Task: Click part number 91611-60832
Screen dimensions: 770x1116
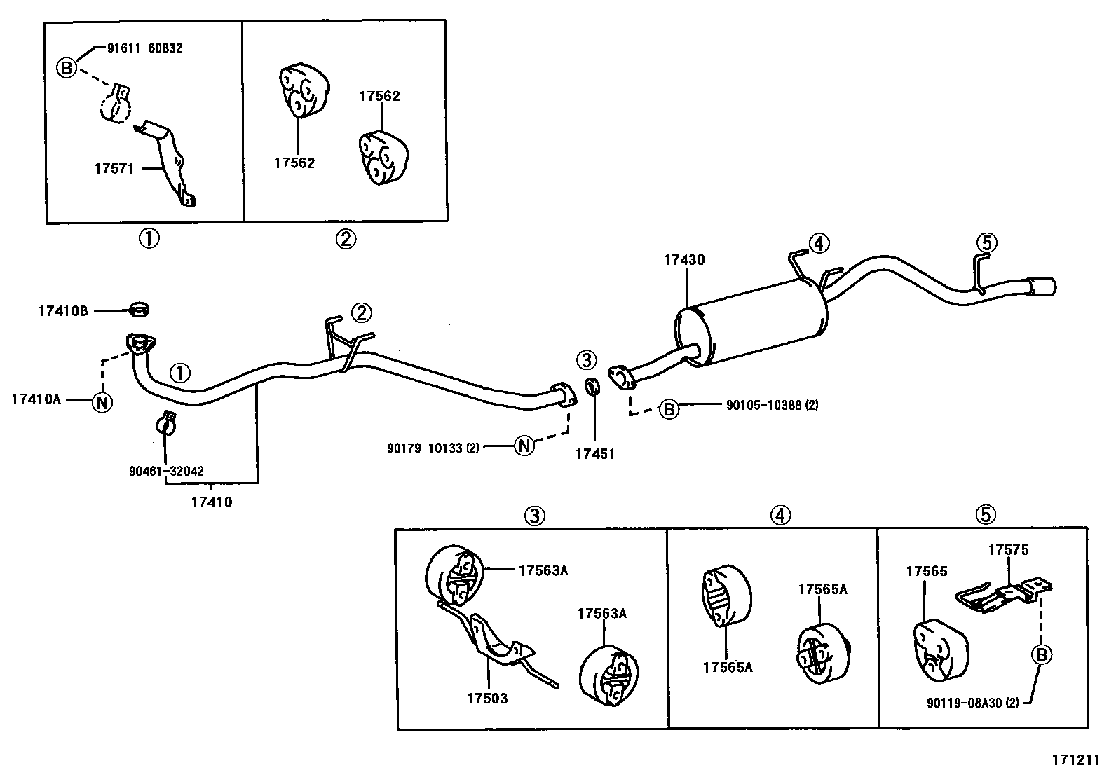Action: (x=144, y=48)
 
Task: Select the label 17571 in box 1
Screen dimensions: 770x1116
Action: (x=114, y=168)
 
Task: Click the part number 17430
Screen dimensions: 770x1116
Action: (x=684, y=260)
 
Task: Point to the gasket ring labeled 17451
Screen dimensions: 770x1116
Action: (x=592, y=386)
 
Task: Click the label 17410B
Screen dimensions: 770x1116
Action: (x=63, y=310)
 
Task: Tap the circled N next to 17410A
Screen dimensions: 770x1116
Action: (x=102, y=402)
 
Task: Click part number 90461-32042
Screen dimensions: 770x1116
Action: (x=167, y=472)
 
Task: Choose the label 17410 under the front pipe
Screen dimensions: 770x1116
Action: (x=211, y=502)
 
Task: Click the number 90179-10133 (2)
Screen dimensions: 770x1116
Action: (x=433, y=448)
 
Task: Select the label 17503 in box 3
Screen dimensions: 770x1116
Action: (x=486, y=698)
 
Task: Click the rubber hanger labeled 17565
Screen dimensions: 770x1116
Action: (x=941, y=649)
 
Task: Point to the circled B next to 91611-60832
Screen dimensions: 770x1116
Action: (x=66, y=68)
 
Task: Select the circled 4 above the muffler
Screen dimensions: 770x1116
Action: (x=818, y=244)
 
